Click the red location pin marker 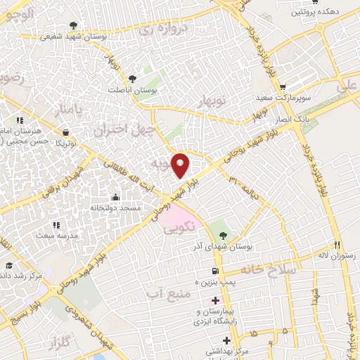[181, 165]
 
